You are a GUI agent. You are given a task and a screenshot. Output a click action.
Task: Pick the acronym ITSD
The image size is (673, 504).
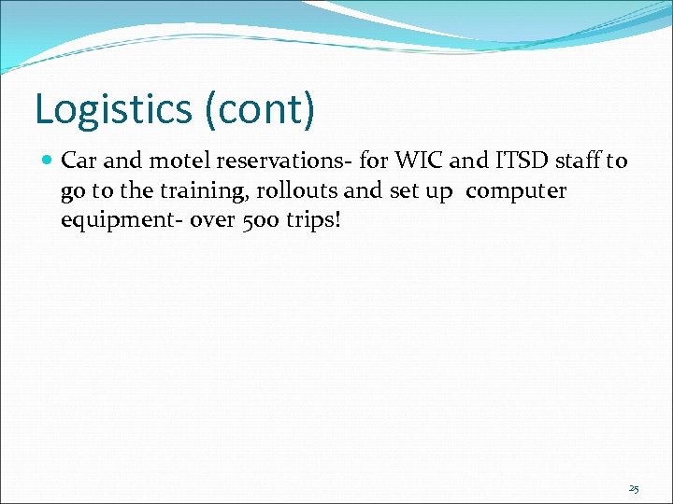[518, 161]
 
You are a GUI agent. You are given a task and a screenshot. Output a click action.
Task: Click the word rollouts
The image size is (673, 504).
[265, 190]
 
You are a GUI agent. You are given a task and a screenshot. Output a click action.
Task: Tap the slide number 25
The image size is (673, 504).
[633, 488]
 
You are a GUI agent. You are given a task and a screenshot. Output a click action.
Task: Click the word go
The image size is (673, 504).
[72, 191]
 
